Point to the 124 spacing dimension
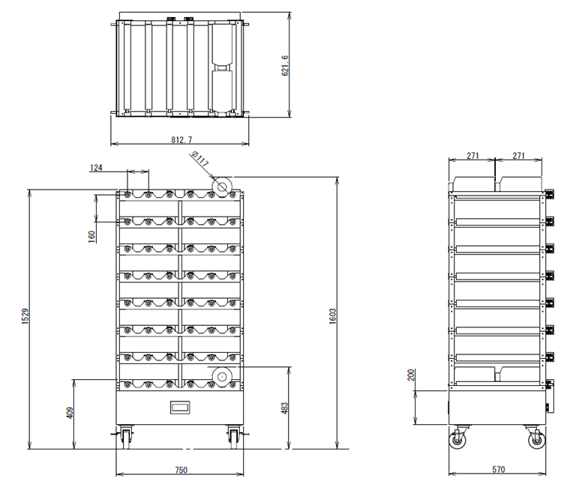coord(96,168)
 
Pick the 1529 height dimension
coord(25,318)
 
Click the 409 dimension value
coord(69,413)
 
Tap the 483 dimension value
coord(284,408)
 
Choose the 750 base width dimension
coord(180,470)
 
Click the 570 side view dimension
coord(498,470)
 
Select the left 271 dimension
coord(472,156)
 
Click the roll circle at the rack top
coord(222,185)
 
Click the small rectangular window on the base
coord(181,408)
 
